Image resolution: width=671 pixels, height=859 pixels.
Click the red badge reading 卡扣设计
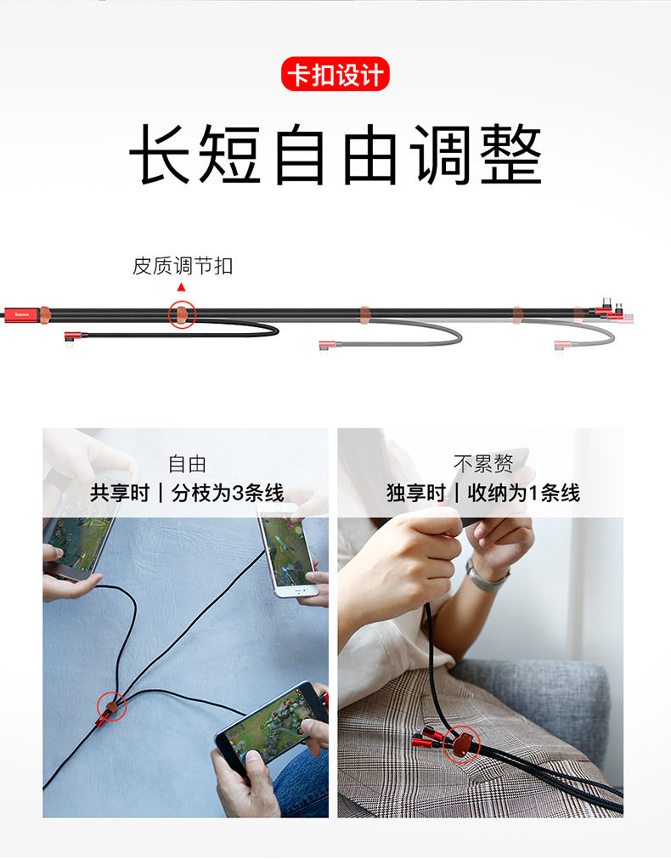[335, 74]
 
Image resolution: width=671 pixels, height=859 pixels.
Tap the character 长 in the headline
[161, 154]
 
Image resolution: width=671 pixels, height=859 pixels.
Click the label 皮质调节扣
[183, 266]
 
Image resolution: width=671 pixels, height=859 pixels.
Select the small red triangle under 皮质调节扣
[181, 287]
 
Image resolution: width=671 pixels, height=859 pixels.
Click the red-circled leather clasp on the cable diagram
[182, 314]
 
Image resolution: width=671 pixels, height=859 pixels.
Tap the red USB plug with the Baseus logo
[20, 315]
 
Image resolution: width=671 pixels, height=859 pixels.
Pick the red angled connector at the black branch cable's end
[71, 337]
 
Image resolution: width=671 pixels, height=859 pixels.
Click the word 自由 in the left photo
[188, 465]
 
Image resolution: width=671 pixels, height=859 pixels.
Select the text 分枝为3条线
[228, 493]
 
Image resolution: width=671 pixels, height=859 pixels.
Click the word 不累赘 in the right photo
[483, 464]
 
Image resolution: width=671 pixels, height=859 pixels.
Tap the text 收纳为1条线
[524, 493]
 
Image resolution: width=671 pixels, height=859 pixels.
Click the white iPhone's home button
[298, 591]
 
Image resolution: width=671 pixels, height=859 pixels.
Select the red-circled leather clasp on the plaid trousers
[461, 744]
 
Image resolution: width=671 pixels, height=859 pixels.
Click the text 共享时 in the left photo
[120, 493]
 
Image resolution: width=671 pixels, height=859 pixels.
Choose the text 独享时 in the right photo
[416, 493]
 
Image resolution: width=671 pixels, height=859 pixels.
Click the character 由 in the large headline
[371, 154]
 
